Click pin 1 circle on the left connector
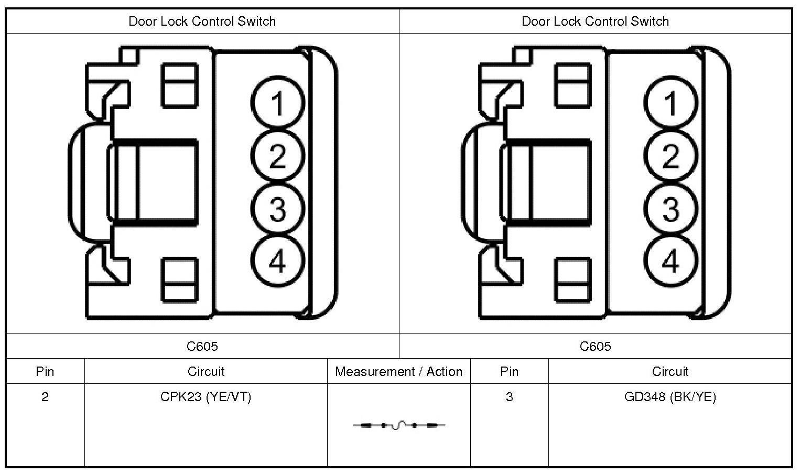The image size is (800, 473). click(277, 103)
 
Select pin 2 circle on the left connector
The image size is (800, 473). click(277, 156)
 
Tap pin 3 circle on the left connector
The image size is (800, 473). click(277, 209)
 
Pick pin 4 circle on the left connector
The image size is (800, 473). click(277, 261)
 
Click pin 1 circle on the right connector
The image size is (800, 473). click(671, 103)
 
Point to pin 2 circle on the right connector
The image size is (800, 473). click(671, 156)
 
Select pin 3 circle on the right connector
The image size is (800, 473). click(671, 209)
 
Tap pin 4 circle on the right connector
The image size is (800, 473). click(671, 261)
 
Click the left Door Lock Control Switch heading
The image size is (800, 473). click(202, 21)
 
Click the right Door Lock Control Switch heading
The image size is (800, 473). click(595, 21)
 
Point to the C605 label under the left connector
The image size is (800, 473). click(202, 346)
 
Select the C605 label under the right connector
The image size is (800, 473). click(595, 346)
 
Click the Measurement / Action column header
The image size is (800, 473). click(398, 372)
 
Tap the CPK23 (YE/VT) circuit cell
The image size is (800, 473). click(206, 397)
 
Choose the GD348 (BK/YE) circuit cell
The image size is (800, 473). click(670, 397)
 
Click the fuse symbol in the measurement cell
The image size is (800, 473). click(399, 425)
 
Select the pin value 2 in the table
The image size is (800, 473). click(45, 397)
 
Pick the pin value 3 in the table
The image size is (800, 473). click(509, 397)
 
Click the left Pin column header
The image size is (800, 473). click(45, 372)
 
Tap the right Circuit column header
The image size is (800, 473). click(670, 372)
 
